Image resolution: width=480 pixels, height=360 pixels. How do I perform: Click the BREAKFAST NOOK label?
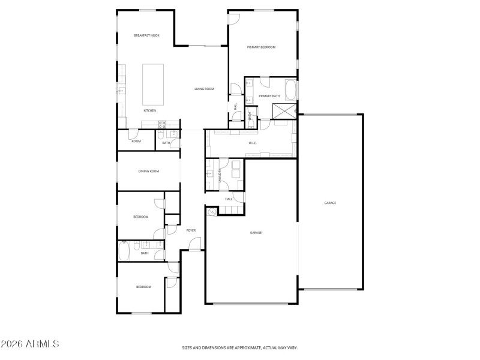click(x=146, y=36)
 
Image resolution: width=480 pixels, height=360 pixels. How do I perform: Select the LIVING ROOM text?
click(x=204, y=89)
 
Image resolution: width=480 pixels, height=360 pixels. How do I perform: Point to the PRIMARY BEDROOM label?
click(x=261, y=47)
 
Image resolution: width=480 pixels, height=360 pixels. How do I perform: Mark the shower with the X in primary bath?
click(x=284, y=110)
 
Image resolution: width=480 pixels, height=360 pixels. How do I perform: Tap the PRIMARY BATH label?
click(x=269, y=96)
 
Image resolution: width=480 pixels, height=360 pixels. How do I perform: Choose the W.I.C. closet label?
click(x=253, y=143)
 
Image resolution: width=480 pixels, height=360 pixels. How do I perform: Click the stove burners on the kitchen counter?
click(x=161, y=124)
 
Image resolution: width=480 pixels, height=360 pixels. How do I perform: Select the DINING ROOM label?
click(x=149, y=172)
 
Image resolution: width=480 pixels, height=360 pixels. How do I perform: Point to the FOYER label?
click(x=191, y=230)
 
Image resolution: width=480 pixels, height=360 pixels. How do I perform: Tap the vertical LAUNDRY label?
click(x=220, y=175)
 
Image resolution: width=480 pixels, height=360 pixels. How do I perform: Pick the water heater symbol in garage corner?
click(x=211, y=212)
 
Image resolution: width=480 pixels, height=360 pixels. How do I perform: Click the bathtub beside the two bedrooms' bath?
click(x=124, y=250)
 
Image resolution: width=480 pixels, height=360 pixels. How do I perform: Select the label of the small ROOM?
click(x=136, y=141)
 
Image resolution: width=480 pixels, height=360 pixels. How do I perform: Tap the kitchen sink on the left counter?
click(x=121, y=91)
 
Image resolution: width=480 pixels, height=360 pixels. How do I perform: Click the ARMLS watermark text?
click(x=30, y=344)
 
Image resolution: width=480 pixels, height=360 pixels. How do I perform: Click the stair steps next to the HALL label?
click(x=231, y=209)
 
